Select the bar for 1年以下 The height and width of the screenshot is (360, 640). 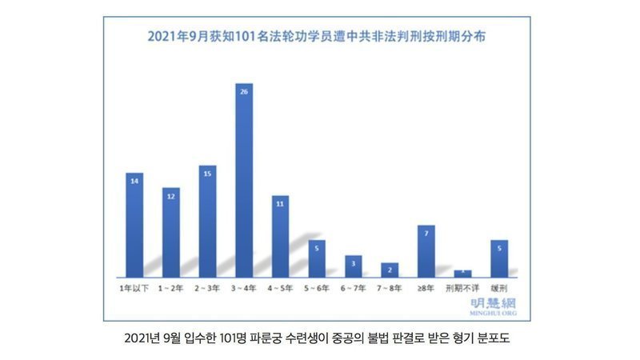tap(134, 224)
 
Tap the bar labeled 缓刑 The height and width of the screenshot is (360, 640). tap(498, 258)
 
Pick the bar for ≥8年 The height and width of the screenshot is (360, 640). tap(426, 250)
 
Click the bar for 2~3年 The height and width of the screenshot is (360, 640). tap(207, 220)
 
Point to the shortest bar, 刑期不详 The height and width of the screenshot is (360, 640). tap(462, 273)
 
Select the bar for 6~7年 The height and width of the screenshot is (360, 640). tap(353, 266)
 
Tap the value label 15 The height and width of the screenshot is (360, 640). tap(207, 174)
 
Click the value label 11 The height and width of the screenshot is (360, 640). tap(280, 204)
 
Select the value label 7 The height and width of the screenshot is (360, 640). tap(426, 234)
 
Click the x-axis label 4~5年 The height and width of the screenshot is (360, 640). tap(280, 286)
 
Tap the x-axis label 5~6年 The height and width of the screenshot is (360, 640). tap(317, 286)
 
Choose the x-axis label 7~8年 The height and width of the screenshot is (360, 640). tap(390, 286)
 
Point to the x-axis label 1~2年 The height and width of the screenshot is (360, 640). tap(171, 286)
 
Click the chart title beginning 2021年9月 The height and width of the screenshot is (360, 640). tap(318, 36)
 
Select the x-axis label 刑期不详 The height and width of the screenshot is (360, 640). tap(462, 286)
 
